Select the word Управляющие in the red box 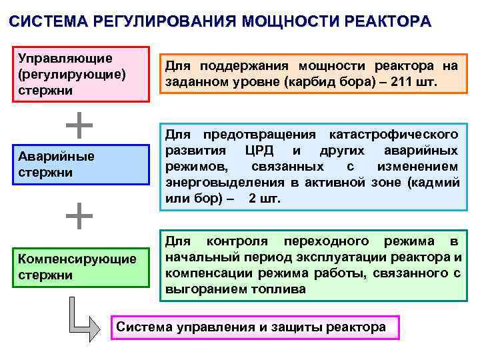pyautogui.click(x=65, y=59)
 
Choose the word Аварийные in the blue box pyautogui.click(x=57, y=157)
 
